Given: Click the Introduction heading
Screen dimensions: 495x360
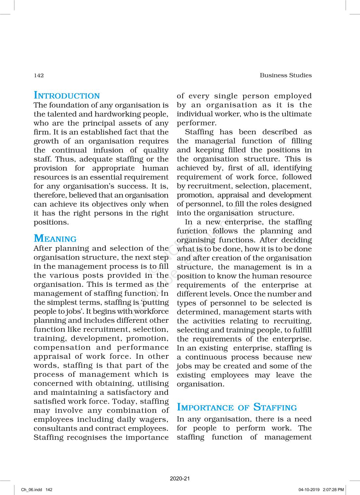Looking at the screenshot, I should point(67,96).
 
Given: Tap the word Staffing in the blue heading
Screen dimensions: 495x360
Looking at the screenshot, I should point(275,407).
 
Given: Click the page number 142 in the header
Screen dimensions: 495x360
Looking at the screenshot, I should point(39,75).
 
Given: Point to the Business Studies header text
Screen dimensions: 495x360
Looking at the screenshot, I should point(286,75).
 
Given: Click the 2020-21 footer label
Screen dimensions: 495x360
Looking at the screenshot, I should point(180,479).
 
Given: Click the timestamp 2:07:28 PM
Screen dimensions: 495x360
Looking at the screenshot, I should point(333,490).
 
